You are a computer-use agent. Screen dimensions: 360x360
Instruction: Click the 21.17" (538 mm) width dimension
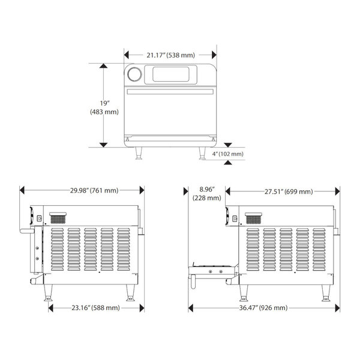170,55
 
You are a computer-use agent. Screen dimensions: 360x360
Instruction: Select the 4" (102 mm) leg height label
228,154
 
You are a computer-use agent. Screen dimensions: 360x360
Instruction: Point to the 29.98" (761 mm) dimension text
94,191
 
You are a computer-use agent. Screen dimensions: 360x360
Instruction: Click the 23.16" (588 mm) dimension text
94,308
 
